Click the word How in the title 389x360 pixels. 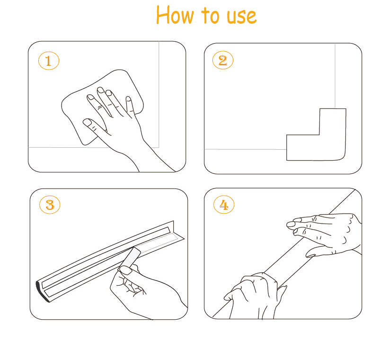click(x=175, y=15)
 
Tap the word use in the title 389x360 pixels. click(x=242, y=17)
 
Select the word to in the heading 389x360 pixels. click(x=211, y=15)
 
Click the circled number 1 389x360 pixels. click(x=49, y=61)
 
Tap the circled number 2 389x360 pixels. click(x=223, y=60)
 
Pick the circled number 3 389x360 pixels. click(x=50, y=205)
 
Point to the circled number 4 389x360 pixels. click(x=224, y=205)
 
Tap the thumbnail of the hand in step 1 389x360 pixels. click(x=87, y=122)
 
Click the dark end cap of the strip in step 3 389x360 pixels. click(x=41, y=292)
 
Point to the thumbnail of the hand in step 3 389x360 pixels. click(x=126, y=270)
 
